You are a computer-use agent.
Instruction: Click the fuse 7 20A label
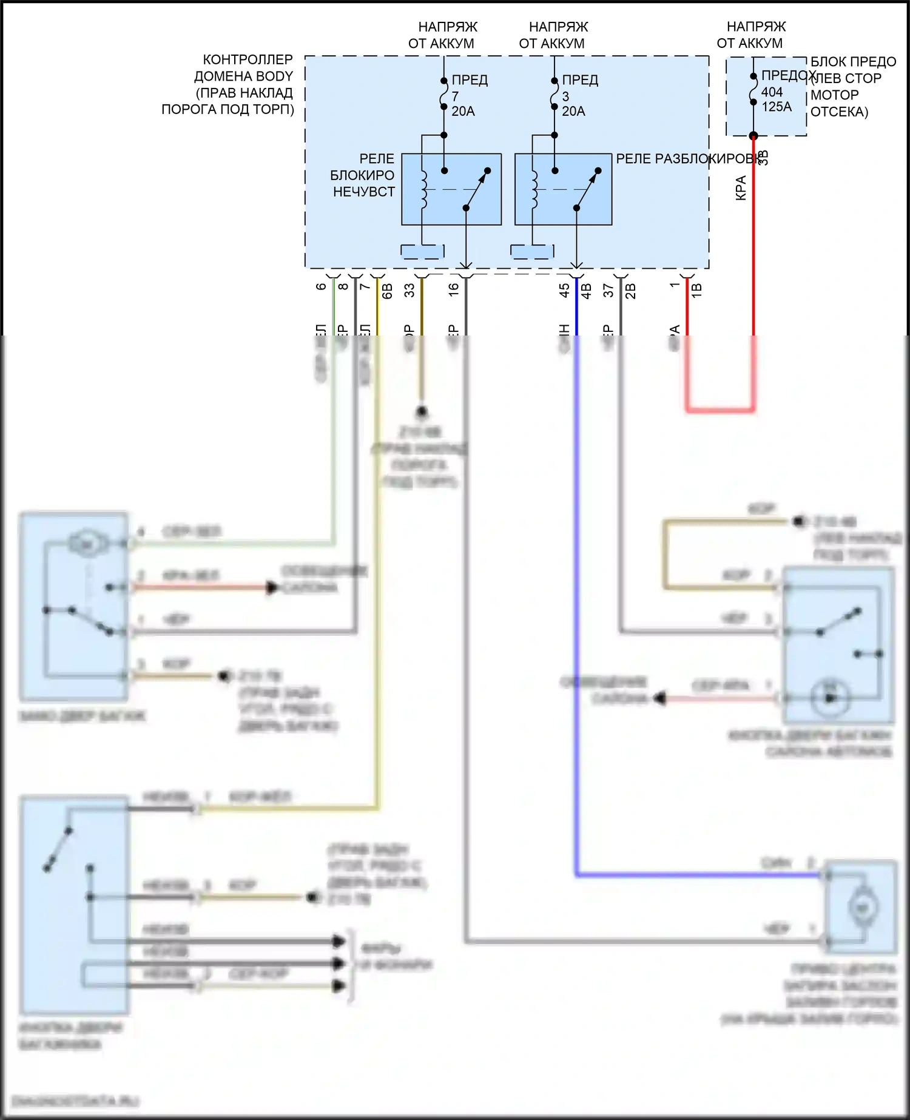463,96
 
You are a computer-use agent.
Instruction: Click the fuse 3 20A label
573,96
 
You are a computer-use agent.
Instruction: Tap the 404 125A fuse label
777,99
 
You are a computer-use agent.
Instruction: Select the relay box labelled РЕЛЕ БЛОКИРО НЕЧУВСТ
451,189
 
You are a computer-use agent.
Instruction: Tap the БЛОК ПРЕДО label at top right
852,62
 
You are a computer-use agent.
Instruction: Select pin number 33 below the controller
409,290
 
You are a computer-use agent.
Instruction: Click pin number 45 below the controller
564,290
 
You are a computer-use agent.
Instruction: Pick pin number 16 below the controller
454,290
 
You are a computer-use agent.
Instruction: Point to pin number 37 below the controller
608,290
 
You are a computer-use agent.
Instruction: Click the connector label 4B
586,291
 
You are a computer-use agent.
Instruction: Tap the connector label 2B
630,291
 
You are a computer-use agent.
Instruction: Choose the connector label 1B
696,290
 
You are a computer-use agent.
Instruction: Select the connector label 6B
387,291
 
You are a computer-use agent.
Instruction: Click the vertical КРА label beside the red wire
741,188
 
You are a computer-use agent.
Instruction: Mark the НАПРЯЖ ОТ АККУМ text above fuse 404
752,35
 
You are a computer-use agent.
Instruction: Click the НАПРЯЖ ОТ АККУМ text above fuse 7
443,35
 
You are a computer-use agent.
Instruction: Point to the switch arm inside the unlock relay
587,189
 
